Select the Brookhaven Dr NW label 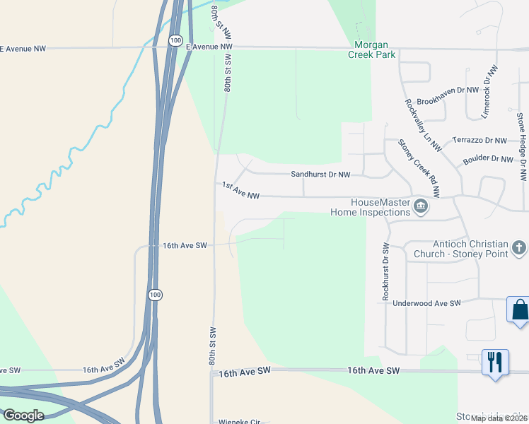coord(448,101)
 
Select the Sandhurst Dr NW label coord(320,174)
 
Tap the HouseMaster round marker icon coord(421,206)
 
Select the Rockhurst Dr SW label coord(386,272)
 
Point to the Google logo coord(23,415)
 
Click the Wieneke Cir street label coord(240,421)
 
